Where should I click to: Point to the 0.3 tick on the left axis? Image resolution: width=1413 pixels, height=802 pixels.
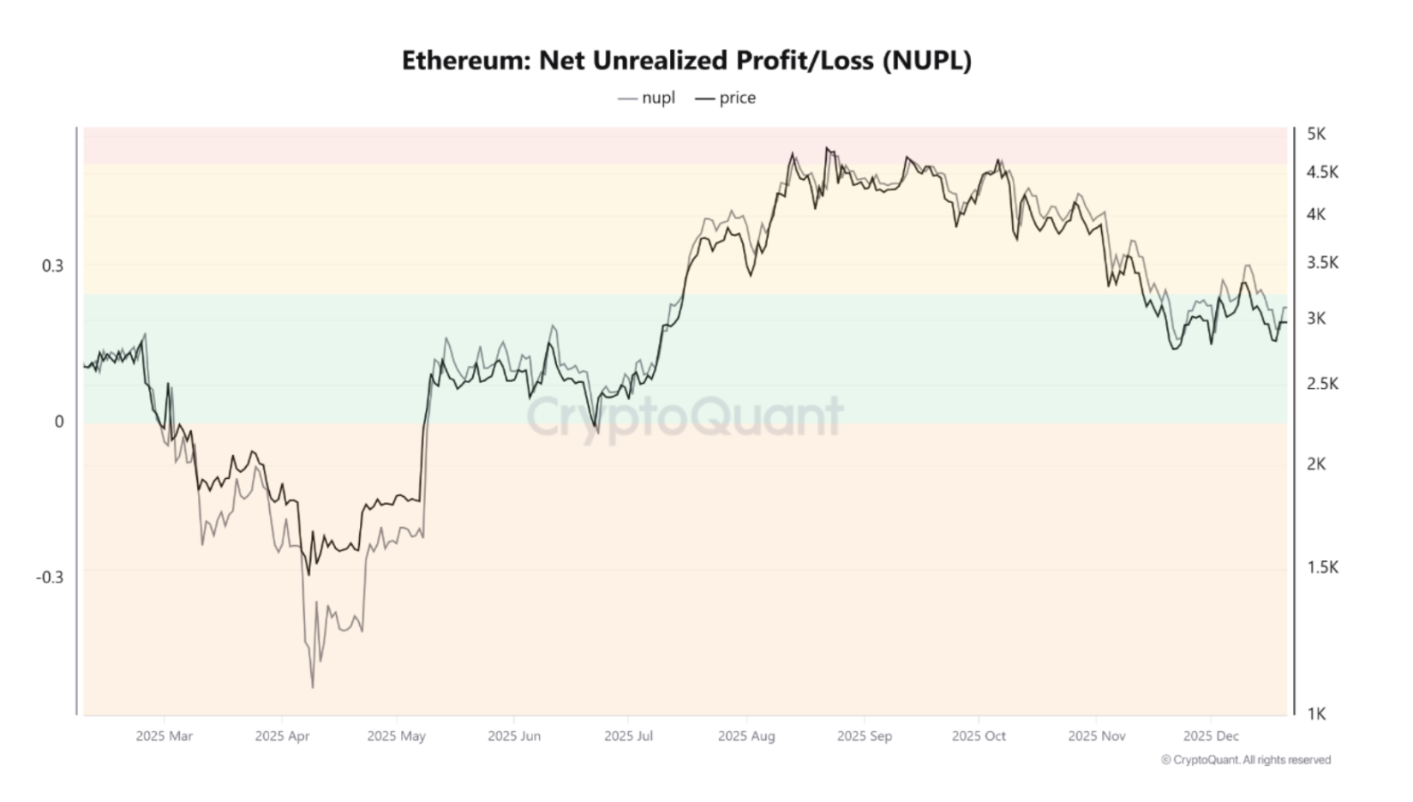point(52,266)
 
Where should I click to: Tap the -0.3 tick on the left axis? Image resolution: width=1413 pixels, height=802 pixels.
point(50,577)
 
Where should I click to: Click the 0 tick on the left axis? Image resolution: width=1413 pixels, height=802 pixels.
point(59,422)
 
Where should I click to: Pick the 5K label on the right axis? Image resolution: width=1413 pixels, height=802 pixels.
point(1316,134)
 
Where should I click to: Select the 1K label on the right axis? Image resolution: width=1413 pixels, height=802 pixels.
point(1316,713)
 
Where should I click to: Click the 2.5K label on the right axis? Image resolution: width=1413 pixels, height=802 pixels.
point(1322,383)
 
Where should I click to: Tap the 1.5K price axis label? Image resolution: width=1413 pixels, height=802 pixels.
point(1322,566)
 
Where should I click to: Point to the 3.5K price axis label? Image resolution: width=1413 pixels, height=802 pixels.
point(1322,262)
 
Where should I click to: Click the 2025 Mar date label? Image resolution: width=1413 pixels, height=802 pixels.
point(164,736)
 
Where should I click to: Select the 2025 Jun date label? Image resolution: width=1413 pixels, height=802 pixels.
point(514,736)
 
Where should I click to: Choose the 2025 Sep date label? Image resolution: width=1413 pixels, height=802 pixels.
point(864,736)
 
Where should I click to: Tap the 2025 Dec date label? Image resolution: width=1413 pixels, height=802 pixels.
point(1211,736)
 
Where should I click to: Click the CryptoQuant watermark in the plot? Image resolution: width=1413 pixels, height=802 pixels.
point(685,417)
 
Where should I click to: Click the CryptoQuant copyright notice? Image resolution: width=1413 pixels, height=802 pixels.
point(1246,760)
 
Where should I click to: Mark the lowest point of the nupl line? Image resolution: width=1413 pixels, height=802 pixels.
point(312,687)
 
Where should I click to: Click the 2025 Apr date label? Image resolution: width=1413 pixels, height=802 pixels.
point(282,736)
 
